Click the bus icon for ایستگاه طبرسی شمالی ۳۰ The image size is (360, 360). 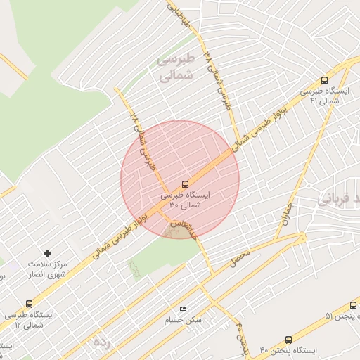(x=185, y=184)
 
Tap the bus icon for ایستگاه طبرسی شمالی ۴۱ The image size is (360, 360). (x=324, y=80)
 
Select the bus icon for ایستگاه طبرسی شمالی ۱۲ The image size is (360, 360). (x=29, y=304)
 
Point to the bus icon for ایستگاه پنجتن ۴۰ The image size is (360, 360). (x=289, y=340)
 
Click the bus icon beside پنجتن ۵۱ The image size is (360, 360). (x=353, y=305)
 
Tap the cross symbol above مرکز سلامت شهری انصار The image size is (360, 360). (x=47, y=252)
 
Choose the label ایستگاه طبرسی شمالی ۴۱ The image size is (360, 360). (x=320, y=96)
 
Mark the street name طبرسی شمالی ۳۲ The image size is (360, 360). (x=217, y=77)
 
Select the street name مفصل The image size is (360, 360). (x=240, y=258)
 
